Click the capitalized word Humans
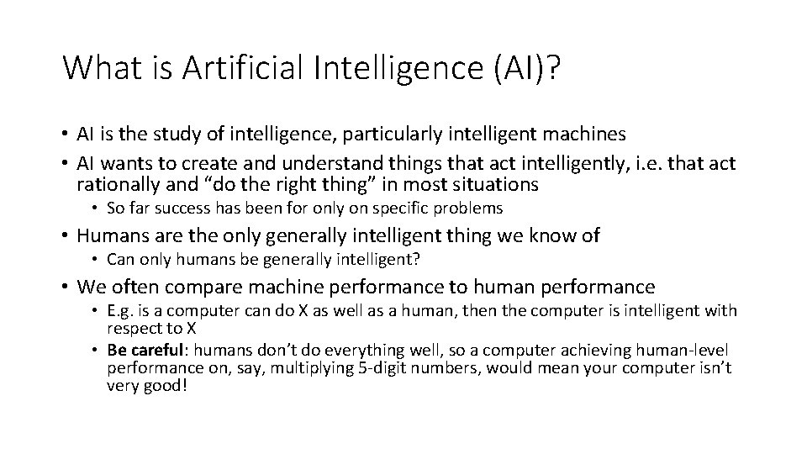tap(112, 236)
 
